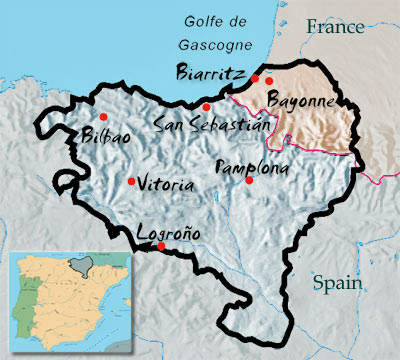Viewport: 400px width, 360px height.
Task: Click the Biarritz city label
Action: coord(209,73)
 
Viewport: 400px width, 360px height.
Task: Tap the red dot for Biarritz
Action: coord(255,78)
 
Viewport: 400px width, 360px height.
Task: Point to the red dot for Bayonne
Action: coord(269,80)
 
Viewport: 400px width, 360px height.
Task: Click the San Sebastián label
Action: coord(213,124)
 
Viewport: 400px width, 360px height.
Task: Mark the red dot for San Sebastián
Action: coord(206,107)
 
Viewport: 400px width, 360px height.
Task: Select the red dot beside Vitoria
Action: coord(132,181)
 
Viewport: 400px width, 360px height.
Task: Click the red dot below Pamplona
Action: coord(250,180)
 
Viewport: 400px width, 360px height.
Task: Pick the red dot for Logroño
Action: coord(162,245)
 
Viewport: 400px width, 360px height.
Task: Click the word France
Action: coord(336,27)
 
